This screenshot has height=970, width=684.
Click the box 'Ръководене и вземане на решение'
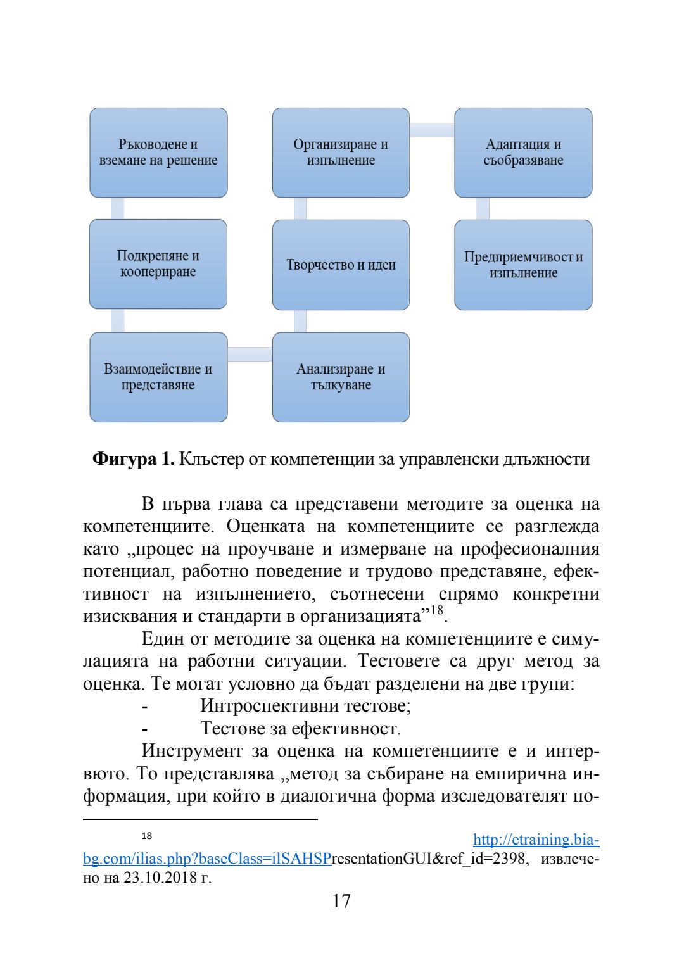158,153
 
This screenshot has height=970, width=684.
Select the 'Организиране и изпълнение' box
341,153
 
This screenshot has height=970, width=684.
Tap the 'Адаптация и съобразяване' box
523,153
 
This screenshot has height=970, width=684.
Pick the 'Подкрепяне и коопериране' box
158,264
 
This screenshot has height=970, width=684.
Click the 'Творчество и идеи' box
341,265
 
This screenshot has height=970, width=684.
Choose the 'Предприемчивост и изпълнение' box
523,265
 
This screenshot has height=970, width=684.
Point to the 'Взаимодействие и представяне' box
158,377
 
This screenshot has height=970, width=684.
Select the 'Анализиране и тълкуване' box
341,377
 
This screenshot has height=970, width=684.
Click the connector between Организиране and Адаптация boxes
432,130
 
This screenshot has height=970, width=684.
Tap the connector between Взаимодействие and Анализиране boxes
250,354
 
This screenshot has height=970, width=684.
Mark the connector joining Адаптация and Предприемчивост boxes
483,208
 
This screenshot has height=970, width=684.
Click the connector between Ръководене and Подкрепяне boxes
118,208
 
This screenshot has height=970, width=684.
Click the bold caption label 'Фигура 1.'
134,458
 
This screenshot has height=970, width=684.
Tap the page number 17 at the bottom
341,901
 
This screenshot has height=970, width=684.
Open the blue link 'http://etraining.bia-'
536,840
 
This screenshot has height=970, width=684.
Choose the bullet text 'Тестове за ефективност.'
301,728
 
